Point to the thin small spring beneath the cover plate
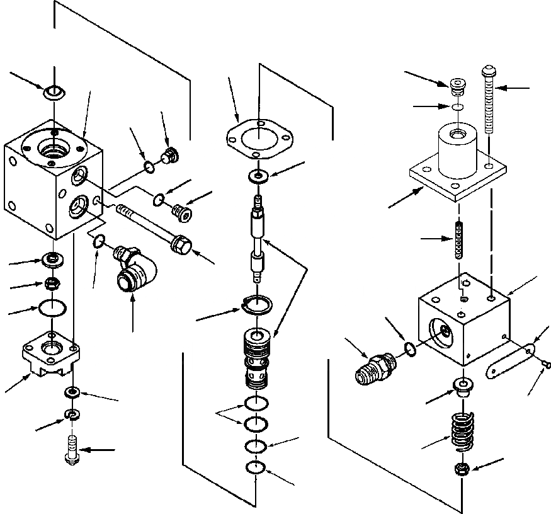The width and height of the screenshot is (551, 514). point(460,240)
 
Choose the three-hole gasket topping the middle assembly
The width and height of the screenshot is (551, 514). point(259,141)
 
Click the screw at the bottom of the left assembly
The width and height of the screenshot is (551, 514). point(71,450)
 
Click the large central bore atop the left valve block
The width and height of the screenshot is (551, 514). point(55,152)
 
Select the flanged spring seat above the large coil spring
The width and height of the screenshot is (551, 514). point(463,386)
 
